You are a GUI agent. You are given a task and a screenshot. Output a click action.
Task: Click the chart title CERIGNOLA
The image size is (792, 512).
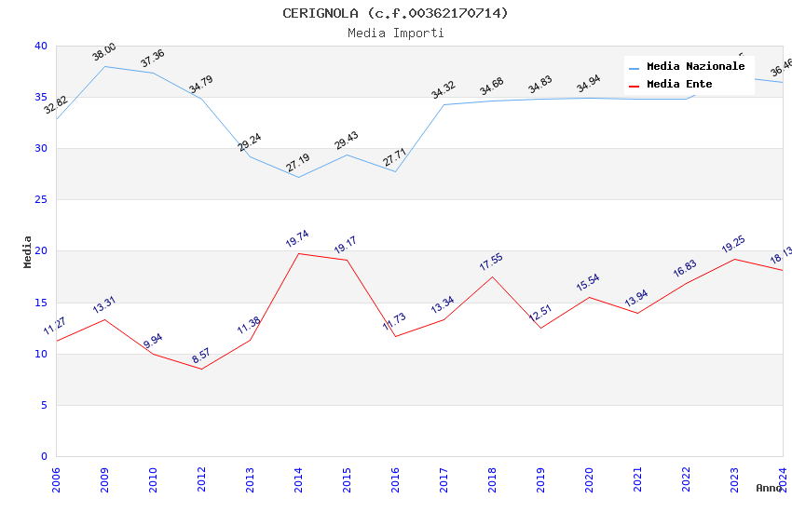pyautogui.click(x=395, y=13)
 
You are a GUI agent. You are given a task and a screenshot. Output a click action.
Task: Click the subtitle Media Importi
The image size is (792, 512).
pyautogui.click(x=395, y=34)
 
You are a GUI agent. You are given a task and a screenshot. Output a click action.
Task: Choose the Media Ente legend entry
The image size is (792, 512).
pyautogui.click(x=679, y=84)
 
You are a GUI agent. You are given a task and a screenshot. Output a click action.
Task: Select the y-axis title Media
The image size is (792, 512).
pyautogui.click(x=28, y=251)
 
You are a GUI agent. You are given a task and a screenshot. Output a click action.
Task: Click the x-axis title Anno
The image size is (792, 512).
pyautogui.click(x=769, y=488)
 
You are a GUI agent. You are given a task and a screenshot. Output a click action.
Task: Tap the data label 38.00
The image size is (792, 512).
pyautogui.click(x=104, y=52)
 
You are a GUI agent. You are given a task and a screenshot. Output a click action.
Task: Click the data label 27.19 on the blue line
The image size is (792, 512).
pyautogui.click(x=297, y=164)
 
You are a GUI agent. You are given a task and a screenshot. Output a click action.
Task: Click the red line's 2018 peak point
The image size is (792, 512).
pyautogui.click(x=492, y=276)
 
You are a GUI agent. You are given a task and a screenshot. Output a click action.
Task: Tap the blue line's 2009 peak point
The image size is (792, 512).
pyautogui.click(x=104, y=66)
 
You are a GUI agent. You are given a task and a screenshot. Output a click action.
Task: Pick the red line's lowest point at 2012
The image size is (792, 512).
pyautogui.click(x=201, y=369)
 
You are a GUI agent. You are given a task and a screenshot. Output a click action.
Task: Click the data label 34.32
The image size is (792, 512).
pyautogui.click(x=443, y=90)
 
